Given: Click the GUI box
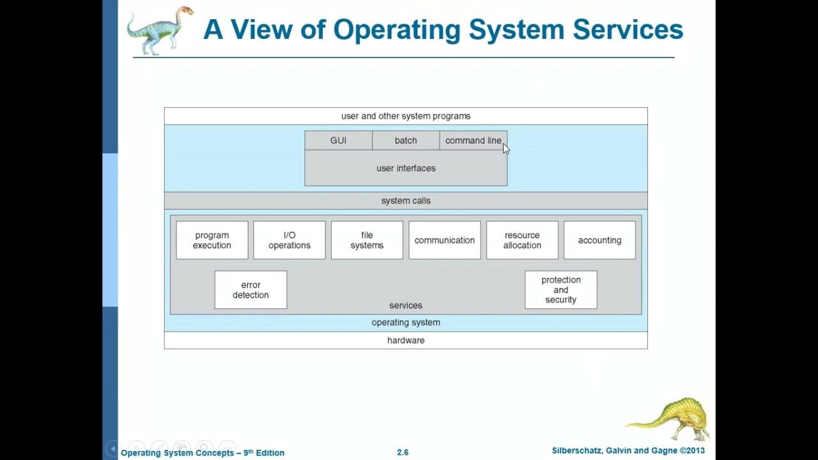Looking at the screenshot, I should click(x=338, y=141).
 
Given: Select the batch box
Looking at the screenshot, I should click(x=406, y=141).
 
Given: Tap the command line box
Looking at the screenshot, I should click(x=473, y=141).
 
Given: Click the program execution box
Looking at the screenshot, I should click(x=212, y=240).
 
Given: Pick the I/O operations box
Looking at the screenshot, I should click(x=289, y=240).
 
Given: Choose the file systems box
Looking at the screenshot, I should click(x=367, y=240).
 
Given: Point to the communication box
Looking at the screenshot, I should click(x=445, y=240).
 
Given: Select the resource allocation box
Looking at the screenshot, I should click(x=522, y=240).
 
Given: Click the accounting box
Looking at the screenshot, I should click(x=599, y=240).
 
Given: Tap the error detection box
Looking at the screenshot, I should click(x=251, y=290).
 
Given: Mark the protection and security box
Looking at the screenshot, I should click(x=561, y=290).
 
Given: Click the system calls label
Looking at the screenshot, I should click(x=406, y=201).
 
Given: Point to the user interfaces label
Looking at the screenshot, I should click(x=406, y=168).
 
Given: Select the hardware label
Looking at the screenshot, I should click(x=406, y=341).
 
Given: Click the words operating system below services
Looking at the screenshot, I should click(x=406, y=323).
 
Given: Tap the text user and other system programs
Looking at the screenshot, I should click(x=406, y=116).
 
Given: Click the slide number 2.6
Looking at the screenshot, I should click(x=403, y=452).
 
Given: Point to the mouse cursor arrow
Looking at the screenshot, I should click(x=506, y=148).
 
